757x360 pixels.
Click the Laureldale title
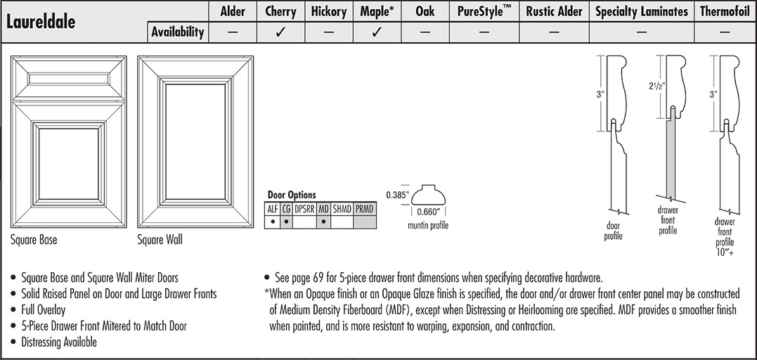(x=41, y=21)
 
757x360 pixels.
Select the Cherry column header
(x=280, y=11)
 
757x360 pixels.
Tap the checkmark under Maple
(x=376, y=32)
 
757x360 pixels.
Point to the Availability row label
(x=178, y=32)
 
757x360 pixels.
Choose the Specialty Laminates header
(x=641, y=11)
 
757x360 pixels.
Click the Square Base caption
(x=34, y=240)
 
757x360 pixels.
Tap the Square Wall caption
(x=160, y=240)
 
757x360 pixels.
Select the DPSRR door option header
(x=304, y=209)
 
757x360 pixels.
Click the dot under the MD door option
(x=323, y=221)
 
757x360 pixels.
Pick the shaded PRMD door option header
(x=364, y=209)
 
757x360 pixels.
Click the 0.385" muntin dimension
(x=397, y=195)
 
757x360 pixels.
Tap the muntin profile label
(x=428, y=226)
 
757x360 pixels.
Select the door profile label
(x=614, y=231)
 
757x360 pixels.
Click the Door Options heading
(x=292, y=195)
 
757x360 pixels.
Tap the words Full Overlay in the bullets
(x=46, y=310)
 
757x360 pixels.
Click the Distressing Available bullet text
(x=59, y=342)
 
